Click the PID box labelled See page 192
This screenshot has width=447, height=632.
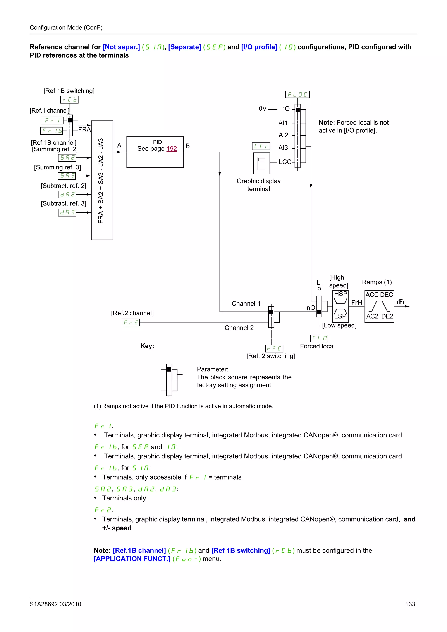pos(155,152)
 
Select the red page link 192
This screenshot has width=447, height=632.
pos(172,149)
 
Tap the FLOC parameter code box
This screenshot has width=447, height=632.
pos(297,94)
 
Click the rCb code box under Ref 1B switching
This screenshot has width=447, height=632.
pos(69,100)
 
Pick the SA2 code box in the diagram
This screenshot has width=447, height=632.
pos(67,158)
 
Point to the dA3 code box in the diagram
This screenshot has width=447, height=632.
pos(67,212)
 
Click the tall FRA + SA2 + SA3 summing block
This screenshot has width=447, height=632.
pos(102,180)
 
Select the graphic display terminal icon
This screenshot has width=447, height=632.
pos(261,163)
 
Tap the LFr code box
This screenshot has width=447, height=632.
pos(261,146)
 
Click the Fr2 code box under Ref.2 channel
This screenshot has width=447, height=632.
pos(131,322)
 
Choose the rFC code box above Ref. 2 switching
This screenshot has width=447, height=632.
pos(274,348)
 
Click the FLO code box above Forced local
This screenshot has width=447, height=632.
pos(319,338)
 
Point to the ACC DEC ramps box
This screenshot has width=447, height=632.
pos(379,306)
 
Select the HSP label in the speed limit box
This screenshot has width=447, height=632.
pos(340,294)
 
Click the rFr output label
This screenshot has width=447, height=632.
pos(401,302)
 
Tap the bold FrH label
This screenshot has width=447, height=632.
pos(356,302)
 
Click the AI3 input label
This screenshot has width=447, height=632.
pos(283,148)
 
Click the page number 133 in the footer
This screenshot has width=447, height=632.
pos(410,604)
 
